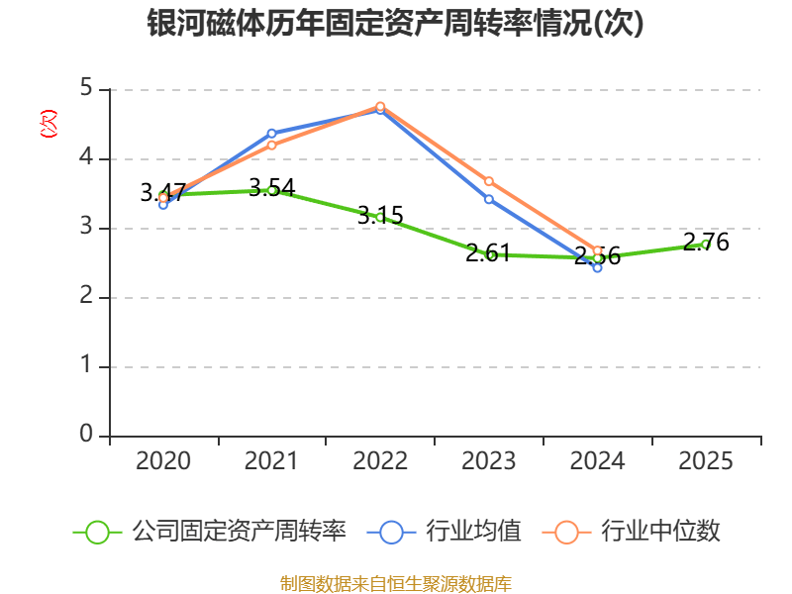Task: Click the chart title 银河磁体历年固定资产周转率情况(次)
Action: (x=395, y=24)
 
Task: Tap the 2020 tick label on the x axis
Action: (x=163, y=461)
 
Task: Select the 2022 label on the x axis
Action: (x=380, y=461)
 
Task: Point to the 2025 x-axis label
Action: (x=706, y=461)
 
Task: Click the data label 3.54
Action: (x=271, y=187)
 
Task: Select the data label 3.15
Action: (x=380, y=215)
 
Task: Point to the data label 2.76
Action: (x=706, y=242)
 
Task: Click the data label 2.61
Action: (x=489, y=252)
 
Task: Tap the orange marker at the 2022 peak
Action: (x=380, y=106)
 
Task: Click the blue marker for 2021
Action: (x=271, y=133)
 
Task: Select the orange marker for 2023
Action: (x=489, y=181)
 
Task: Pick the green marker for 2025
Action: (x=706, y=244)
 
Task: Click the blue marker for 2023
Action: (x=489, y=199)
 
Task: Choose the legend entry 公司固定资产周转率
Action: (x=213, y=532)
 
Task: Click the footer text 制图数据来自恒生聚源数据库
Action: (x=395, y=583)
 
